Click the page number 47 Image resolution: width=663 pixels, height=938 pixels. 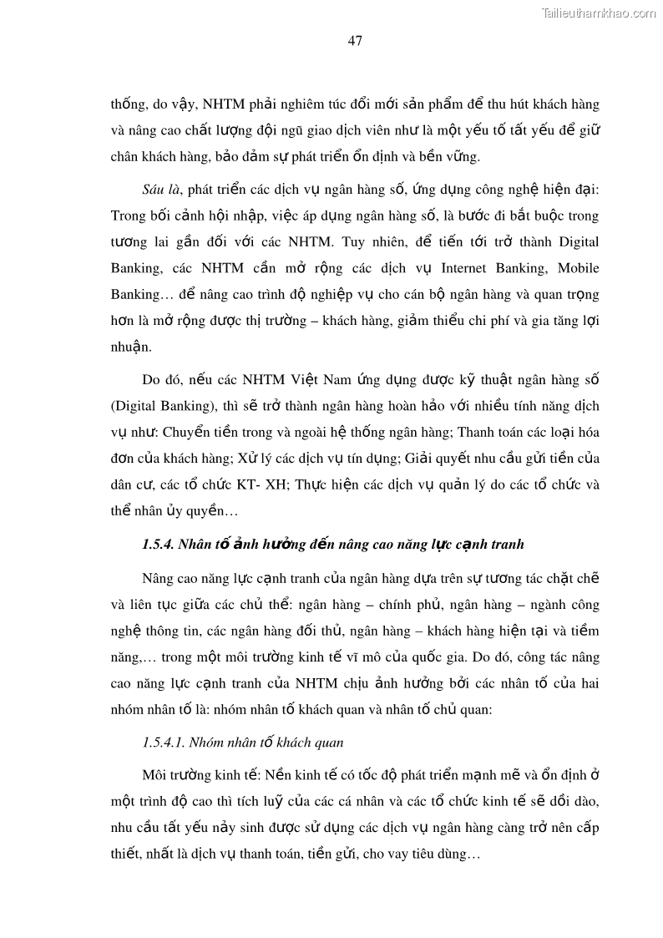355,41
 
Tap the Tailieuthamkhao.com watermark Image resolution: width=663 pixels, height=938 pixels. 599,12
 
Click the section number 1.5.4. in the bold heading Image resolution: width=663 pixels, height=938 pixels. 159,545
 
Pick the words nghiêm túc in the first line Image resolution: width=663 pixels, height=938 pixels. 338,106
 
